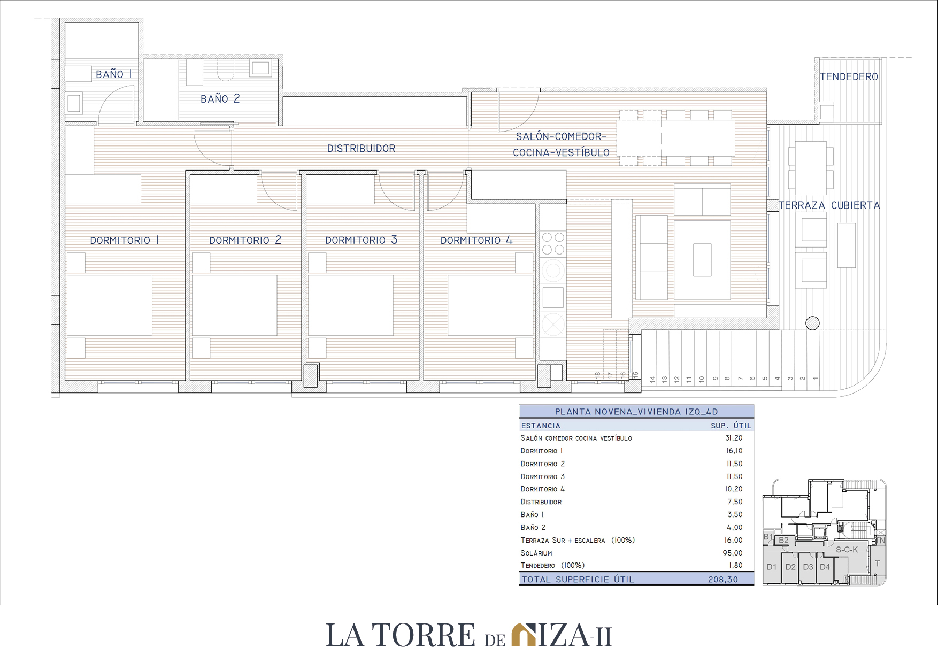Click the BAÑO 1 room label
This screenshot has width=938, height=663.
pyautogui.click(x=113, y=74)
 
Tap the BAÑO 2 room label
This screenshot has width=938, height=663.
pyautogui.click(x=220, y=99)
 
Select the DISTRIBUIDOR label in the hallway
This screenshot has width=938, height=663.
pyautogui.click(x=362, y=149)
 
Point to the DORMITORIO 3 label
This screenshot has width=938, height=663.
pyautogui.click(x=362, y=240)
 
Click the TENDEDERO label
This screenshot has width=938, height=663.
pyautogui.click(x=849, y=76)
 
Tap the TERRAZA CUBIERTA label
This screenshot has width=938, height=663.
pyautogui.click(x=829, y=205)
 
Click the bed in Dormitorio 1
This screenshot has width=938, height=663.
pyautogui.click(x=110, y=305)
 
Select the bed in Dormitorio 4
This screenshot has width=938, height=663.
pyautogui.click(x=490, y=305)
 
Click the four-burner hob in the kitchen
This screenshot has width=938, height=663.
pyautogui.click(x=553, y=243)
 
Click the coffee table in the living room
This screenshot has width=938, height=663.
pyautogui.click(x=702, y=260)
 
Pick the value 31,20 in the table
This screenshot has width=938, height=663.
pyautogui.click(x=734, y=438)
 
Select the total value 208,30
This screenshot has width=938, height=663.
pyautogui.click(x=723, y=580)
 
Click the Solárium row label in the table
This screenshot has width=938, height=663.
pyautogui.click(x=536, y=553)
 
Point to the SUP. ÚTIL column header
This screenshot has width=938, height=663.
pyautogui.click(x=731, y=426)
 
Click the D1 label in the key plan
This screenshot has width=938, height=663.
pyautogui.click(x=772, y=567)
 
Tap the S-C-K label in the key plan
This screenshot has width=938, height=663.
pyautogui.click(x=847, y=550)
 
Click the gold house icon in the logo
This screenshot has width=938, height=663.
pyautogui.click(x=524, y=635)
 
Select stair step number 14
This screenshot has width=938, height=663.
pyautogui.click(x=652, y=379)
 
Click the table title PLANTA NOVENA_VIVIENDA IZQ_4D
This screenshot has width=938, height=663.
pyautogui.click(x=636, y=412)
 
